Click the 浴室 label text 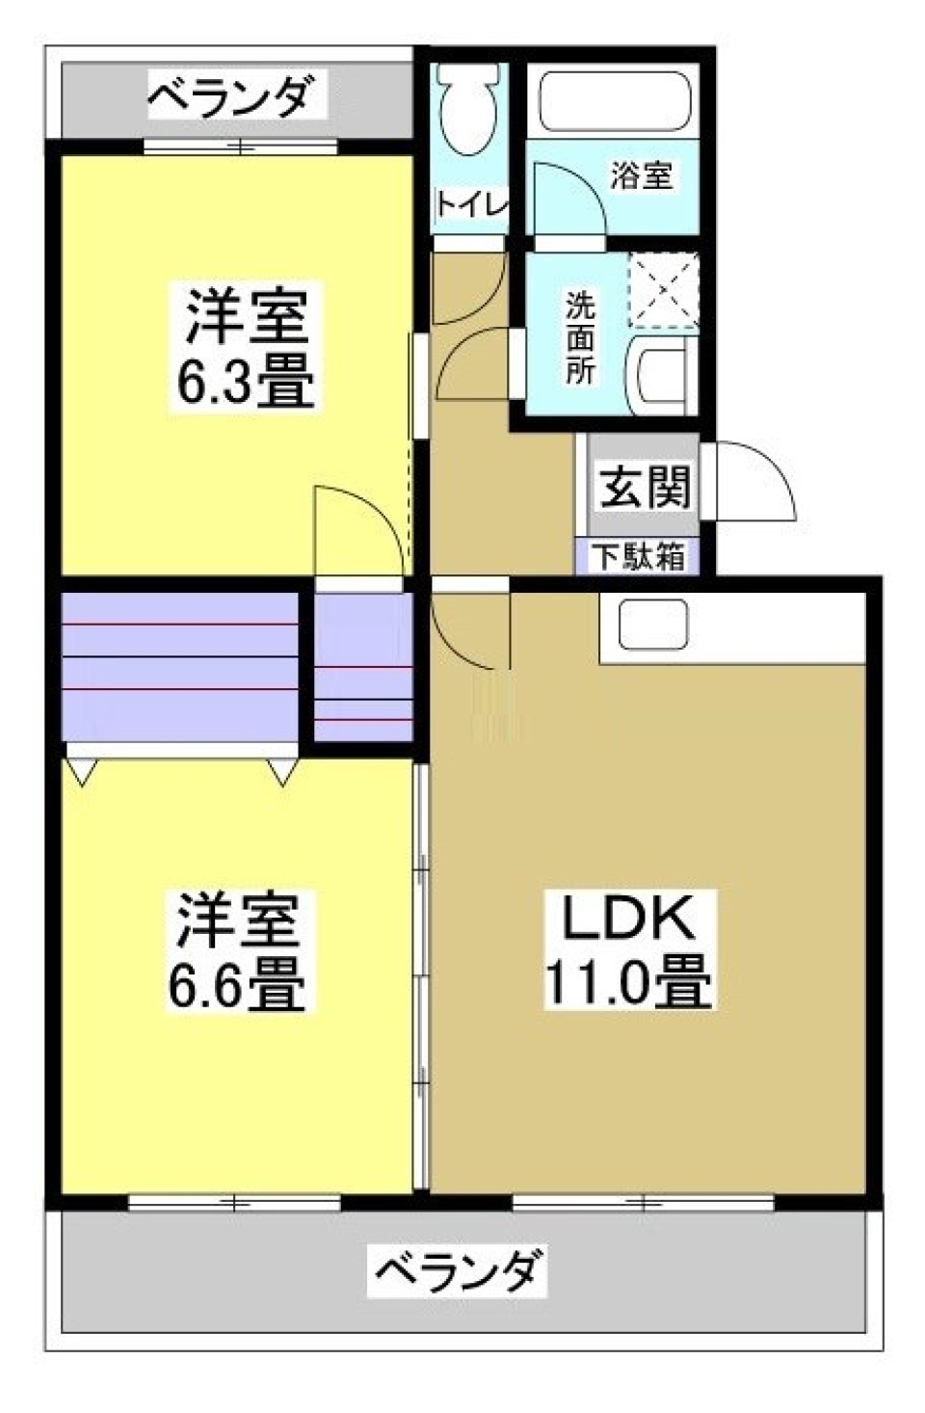641,175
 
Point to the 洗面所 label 580,337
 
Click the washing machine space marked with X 662,289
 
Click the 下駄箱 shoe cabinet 637,556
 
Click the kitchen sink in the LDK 652,625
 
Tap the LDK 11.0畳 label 628,950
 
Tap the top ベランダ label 231,96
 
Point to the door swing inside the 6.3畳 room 358,530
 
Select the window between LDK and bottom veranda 643,1202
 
